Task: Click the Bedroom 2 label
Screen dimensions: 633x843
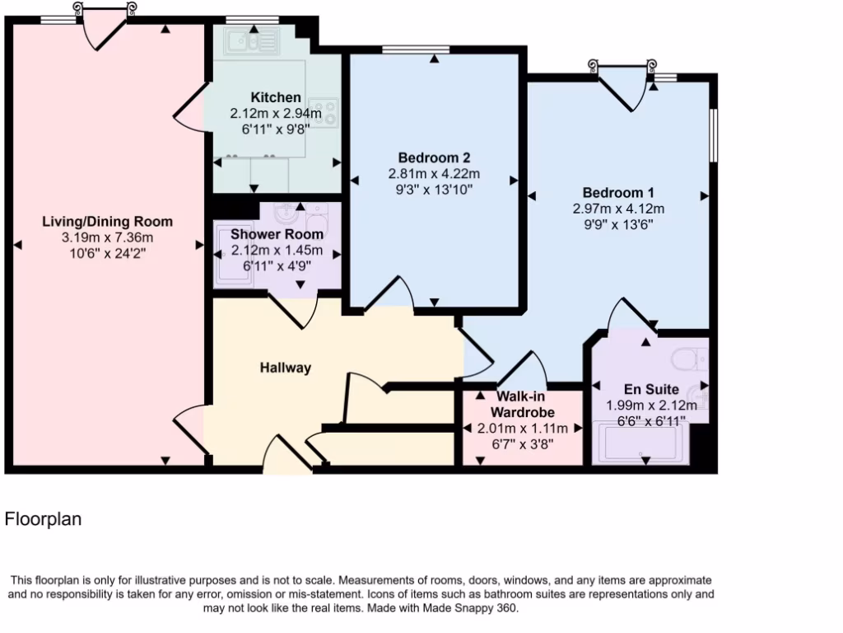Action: tap(434, 157)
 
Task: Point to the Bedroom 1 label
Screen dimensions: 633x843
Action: tap(618, 192)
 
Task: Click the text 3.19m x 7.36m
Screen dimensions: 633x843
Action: tap(108, 237)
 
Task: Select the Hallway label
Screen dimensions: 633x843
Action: tap(286, 368)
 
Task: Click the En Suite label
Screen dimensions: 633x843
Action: tap(651, 389)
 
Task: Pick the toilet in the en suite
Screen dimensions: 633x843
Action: tap(687, 359)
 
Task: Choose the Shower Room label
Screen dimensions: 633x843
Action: tap(277, 234)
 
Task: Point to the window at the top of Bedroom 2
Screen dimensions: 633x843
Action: tap(416, 50)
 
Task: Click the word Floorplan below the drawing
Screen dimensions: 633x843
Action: tap(43, 519)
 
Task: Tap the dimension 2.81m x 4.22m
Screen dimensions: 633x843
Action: tap(434, 174)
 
